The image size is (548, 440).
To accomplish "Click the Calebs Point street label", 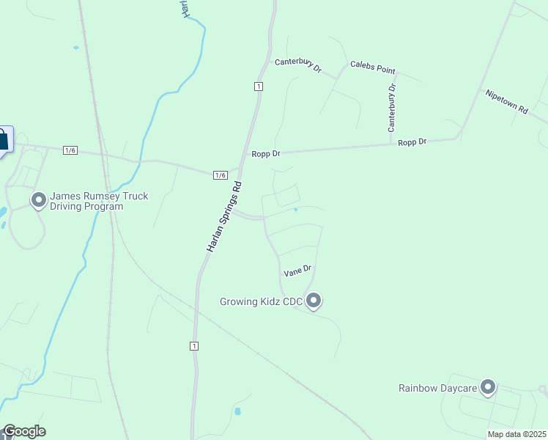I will coord(373,67).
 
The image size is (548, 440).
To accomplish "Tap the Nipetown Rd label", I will coord(506,101).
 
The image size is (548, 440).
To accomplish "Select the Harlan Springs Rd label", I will coord(224,217).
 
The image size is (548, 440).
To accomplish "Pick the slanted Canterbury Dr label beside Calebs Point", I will coord(298,66).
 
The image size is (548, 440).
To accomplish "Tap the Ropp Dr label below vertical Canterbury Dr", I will coord(412,142).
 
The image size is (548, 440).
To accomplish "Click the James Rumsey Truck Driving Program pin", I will coord(39,199).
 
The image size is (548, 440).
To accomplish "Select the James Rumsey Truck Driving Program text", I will coord(99,201).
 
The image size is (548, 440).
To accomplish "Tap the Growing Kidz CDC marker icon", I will coord(314,301).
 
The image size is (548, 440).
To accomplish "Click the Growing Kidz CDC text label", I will coord(261,301).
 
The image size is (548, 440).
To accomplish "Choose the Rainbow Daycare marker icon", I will coord(488,387).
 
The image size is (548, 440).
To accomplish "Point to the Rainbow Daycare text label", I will coord(437,388).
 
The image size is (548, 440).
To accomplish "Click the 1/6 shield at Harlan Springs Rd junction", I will coord(221,175).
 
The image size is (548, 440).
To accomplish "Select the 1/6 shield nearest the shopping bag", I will coord(70,150).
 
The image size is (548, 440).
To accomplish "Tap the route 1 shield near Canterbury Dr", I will coord(259,87).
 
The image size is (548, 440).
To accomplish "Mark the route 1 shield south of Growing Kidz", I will coord(194,346).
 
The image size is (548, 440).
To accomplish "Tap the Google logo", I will coord(24,431).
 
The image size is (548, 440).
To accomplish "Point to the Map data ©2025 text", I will coord(516,433).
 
